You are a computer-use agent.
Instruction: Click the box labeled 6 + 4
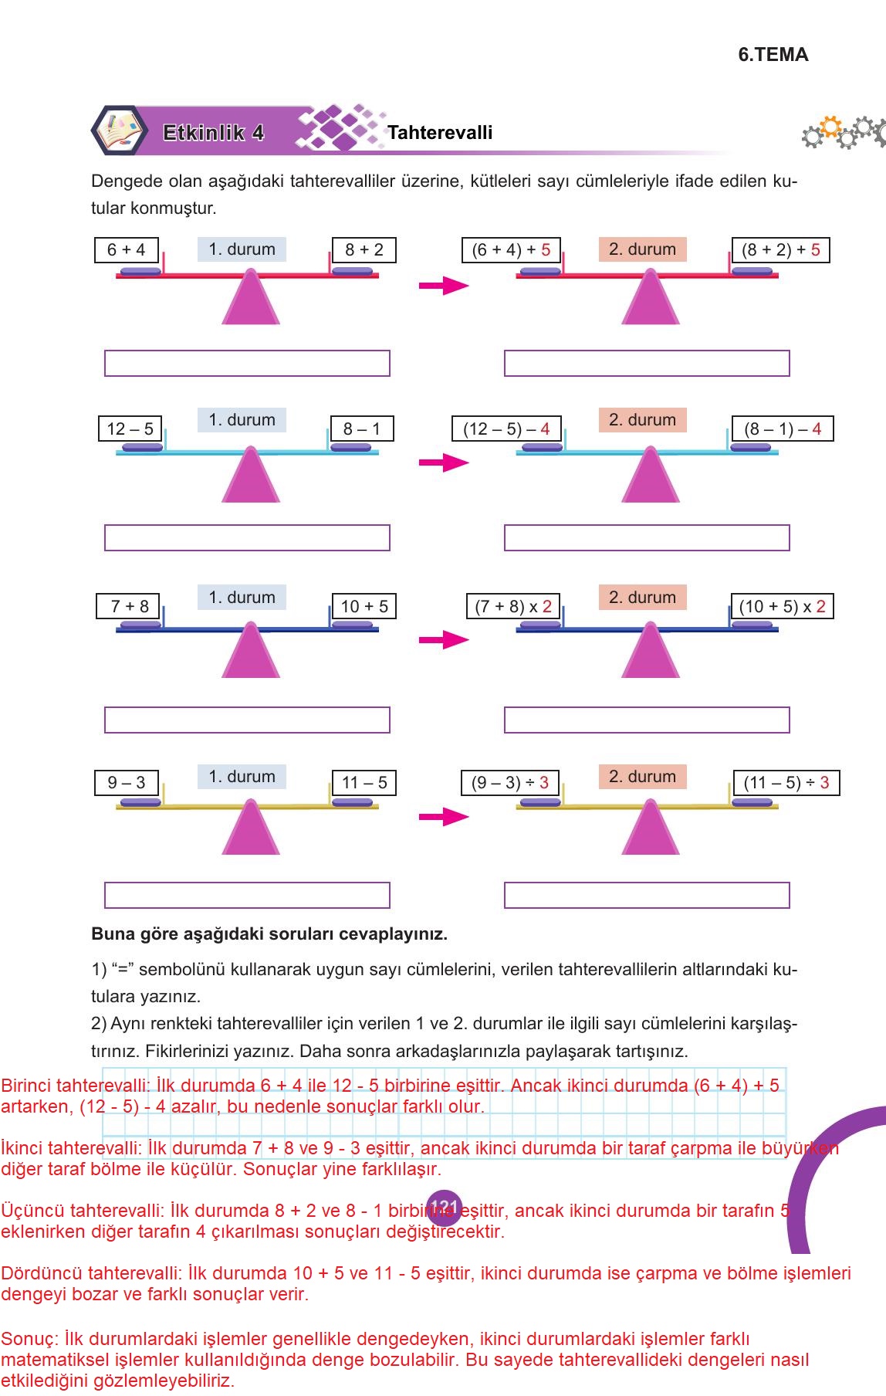(x=127, y=250)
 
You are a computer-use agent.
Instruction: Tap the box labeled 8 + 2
(x=364, y=250)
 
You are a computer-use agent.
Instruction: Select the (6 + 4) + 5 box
(x=511, y=250)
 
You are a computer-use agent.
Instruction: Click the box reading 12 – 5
(x=130, y=429)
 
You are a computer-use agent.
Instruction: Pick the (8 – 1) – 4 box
(x=783, y=429)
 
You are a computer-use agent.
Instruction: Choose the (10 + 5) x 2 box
(x=782, y=606)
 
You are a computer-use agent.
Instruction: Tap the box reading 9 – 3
(x=127, y=782)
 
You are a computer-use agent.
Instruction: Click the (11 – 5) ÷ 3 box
(x=786, y=782)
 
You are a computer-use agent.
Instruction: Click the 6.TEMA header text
(x=773, y=55)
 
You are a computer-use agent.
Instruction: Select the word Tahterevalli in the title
(x=440, y=133)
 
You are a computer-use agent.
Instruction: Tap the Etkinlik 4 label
(x=214, y=133)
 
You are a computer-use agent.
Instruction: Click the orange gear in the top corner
(x=830, y=127)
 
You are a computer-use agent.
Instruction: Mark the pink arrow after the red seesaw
(x=443, y=286)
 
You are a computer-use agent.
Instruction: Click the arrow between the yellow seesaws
(x=443, y=817)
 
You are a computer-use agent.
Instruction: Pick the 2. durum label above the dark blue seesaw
(x=642, y=598)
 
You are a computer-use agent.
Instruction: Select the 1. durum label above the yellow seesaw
(x=242, y=777)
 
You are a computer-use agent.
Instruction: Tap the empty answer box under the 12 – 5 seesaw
(x=247, y=537)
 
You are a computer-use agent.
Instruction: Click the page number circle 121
(x=444, y=1207)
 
